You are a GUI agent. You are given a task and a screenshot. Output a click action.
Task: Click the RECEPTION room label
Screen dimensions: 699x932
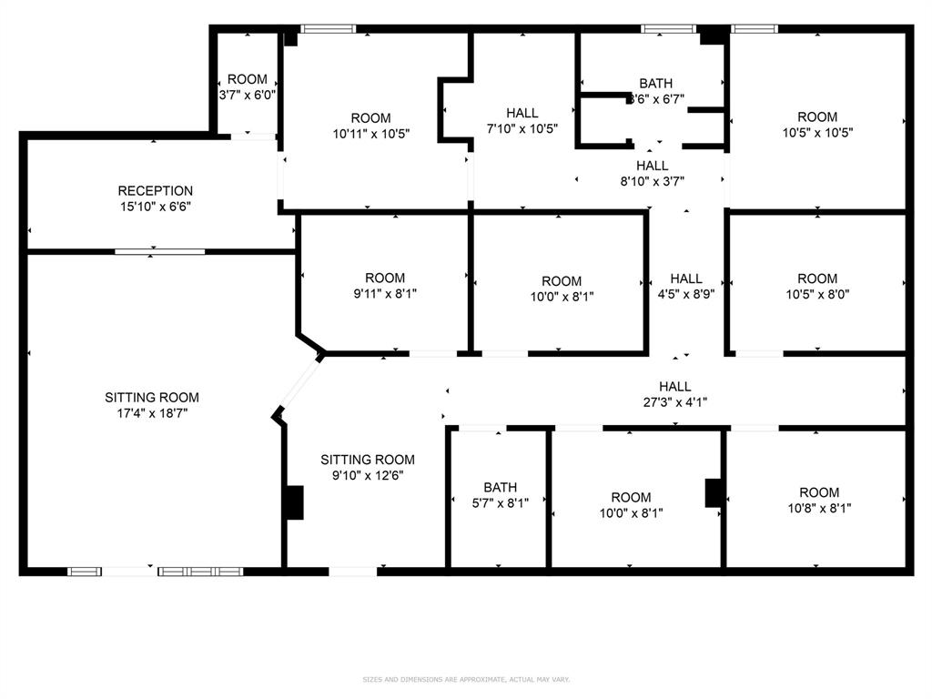pyautogui.click(x=155, y=190)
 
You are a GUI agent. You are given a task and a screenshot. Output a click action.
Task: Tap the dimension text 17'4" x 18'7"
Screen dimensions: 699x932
pyautogui.click(x=152, y=413)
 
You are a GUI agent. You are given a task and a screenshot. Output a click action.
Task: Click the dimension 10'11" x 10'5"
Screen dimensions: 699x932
pyautogui.click(x=370, y=133)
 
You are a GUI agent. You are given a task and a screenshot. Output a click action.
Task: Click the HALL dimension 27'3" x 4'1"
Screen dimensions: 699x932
pyautogui.click(x=674, y=401)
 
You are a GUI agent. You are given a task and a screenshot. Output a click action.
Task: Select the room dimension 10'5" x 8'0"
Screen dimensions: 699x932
pyautogui.click(x=817, y=294)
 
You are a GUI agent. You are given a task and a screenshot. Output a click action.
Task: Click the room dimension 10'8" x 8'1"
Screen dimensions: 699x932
pyautogui.click(x=819, y=509)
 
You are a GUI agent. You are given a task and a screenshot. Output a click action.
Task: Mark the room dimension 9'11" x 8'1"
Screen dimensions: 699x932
pyautogui.click(x=384, y=293)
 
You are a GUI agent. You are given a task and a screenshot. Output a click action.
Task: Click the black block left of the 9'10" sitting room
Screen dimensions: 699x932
pyautogui.click(x=294, y=502)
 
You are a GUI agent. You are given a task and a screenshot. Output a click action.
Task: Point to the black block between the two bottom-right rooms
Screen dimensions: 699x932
pyautogui.click(x=714, y=492)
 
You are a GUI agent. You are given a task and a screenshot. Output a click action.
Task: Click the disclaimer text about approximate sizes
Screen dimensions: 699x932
pyautogui.click(x=465, y=679)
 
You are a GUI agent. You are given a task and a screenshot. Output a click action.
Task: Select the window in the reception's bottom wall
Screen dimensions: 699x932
pyautogui.click(x=159, y=251)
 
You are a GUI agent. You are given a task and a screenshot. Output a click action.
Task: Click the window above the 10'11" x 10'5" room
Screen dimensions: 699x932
pyautogui.click(x=329, y=29)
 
